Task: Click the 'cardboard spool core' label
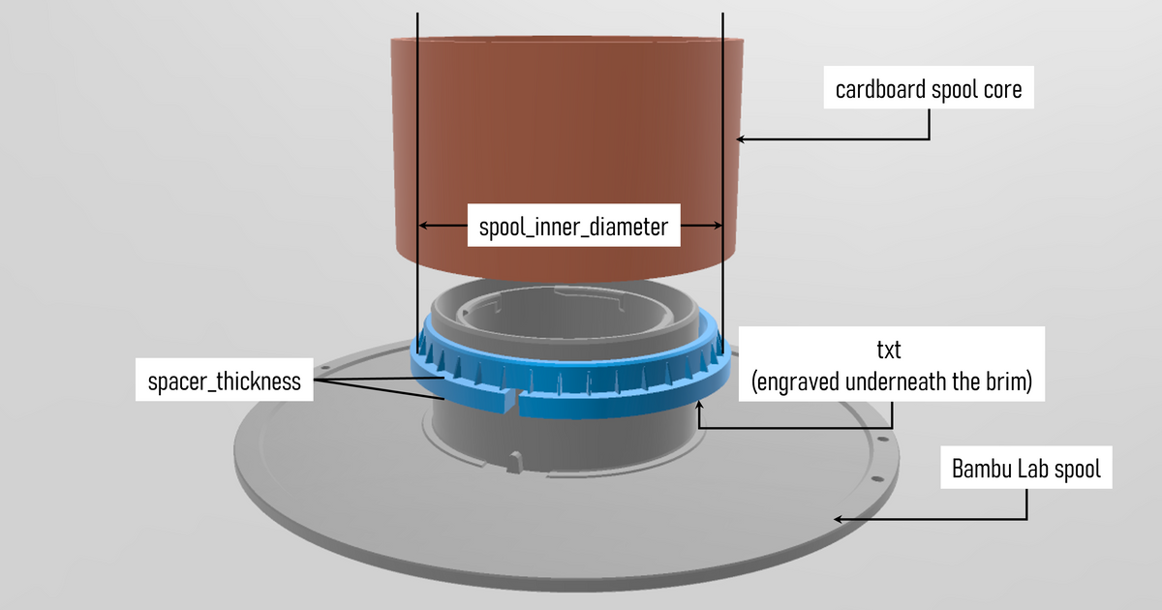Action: coord(928,91)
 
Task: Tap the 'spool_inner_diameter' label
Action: coord(573,228)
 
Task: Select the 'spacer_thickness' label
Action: coord(225,381)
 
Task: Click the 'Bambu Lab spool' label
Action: coord(1026,472)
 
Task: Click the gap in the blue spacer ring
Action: coord(512,399)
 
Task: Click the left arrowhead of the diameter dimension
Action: coord(422,226)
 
